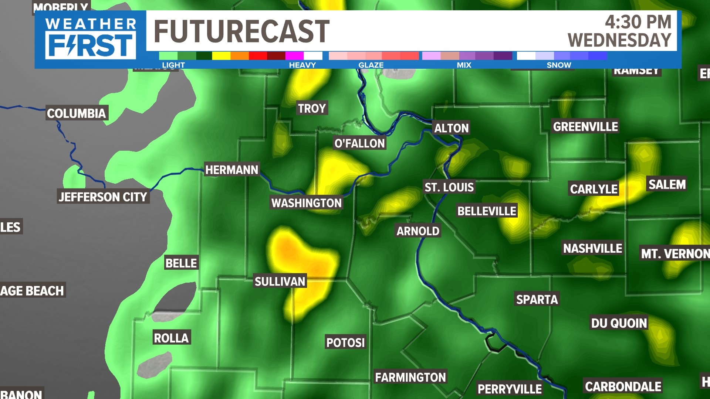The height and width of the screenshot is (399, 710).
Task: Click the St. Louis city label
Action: coord(449,187)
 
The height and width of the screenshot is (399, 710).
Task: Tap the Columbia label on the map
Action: coord(77,113)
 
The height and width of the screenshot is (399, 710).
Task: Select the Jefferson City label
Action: coord(103,197)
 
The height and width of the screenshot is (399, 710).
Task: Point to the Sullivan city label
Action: coord(280,282)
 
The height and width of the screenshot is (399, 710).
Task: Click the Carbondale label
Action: coord(623,386)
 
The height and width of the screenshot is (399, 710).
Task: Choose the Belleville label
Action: coord(487,211)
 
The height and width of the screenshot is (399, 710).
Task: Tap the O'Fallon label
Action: coord(359,143)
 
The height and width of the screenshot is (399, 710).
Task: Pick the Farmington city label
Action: coord(410,377)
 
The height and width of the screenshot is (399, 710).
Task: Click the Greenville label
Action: coord(585,127)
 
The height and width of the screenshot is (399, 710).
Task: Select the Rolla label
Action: coord(172,338)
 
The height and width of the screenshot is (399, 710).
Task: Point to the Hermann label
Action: coord(232,170)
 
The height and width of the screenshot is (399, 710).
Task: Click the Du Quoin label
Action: coord(619,323)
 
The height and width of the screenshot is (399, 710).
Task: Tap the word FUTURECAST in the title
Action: coord(241,31)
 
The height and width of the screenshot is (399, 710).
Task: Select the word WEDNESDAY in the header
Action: coord(619,40)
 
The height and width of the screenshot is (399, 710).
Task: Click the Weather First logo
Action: coord(91,39)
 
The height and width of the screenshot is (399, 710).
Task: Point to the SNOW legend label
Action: coord(559,65)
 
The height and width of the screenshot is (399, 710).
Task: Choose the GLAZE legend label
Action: coord(371,65)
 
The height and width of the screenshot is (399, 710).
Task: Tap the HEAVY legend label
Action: coord(302,65)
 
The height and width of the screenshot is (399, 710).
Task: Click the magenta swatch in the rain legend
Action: coord(294,56)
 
